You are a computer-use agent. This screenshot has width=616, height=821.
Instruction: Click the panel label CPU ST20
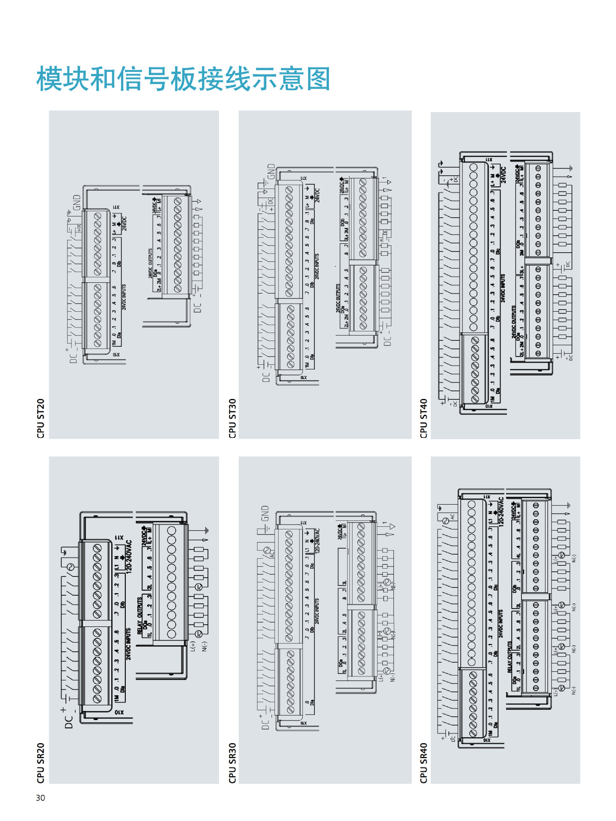[x=41, y=418]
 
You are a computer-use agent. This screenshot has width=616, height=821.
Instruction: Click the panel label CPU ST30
[x=232, y=418]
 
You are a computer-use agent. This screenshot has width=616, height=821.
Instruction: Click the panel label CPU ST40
[x=423, y=418]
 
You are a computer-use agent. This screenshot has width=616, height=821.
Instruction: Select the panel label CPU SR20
[x=41, y=763]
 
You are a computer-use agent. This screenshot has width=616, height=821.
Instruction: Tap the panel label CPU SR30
[x=232, y=763]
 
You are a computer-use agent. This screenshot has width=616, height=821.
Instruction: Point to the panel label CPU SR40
[x=423, y=763]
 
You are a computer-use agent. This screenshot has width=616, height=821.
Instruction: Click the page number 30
[x=40, y=798]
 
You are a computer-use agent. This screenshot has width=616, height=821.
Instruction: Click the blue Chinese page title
[x=183, y=79]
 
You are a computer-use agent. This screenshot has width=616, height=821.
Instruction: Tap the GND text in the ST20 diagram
[x=77, y=202]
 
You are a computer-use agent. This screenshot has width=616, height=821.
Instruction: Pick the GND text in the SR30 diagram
[x=265, y=513]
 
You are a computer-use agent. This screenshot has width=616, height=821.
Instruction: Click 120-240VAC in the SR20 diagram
[x=129, y=555]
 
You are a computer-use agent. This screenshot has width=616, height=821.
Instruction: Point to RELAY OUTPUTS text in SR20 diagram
[x=139, y=616]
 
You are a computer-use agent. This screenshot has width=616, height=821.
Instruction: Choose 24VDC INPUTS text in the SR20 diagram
[x=128, y=644]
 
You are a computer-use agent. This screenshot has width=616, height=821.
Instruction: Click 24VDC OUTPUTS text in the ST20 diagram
[x=150, y=263]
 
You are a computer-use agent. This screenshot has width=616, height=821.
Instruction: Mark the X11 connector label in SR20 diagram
[x=119, y=537]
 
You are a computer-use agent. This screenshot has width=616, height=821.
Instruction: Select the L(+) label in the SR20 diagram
[x=193, y=647]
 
